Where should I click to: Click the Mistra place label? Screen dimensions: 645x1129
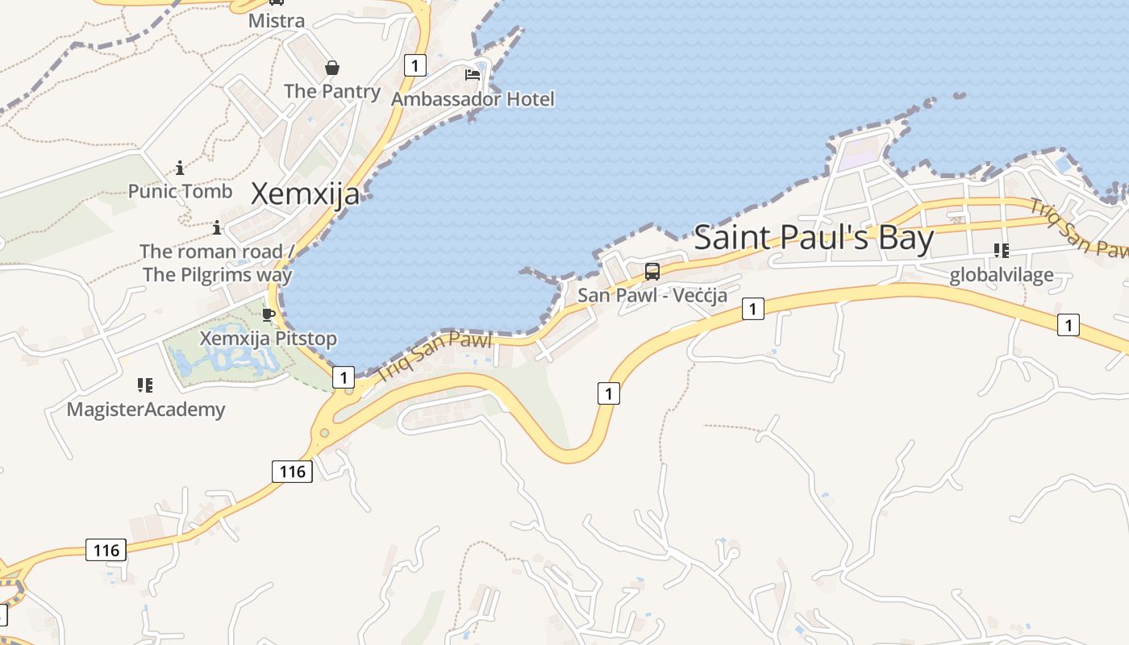277,21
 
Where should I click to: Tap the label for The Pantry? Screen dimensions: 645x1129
331,91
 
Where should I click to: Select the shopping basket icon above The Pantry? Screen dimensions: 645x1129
331,68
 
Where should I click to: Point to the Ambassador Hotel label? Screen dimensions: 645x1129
473,99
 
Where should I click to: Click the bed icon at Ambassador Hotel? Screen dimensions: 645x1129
473,75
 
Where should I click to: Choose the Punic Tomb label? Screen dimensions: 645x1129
180,191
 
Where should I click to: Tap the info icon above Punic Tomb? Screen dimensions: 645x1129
180,168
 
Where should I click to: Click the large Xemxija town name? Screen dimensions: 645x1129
306,194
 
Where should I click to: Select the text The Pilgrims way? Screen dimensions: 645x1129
218,274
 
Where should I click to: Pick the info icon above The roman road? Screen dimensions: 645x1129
216,227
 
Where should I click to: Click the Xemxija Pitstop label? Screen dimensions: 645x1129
268,338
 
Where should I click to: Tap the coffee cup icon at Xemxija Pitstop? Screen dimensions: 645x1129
269,314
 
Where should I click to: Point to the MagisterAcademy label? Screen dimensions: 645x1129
145,410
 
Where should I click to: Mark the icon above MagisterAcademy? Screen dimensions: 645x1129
145,385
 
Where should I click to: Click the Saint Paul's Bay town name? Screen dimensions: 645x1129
814,238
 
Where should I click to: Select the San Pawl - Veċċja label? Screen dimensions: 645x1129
652,295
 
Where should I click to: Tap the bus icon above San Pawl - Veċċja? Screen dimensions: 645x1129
652,272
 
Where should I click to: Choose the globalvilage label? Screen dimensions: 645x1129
1001,275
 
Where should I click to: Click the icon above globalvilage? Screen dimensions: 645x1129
1002,251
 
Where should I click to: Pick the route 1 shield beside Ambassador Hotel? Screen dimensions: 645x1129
415,65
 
